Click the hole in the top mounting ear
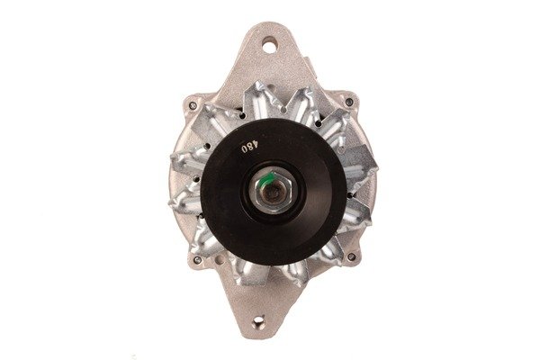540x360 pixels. tap(269, 46)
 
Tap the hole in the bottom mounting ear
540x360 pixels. tap(258, 322)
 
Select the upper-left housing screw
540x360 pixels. tap(193, 105)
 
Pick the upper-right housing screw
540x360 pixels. tap(349, 102)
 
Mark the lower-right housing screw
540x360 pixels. tap(351, 256)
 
